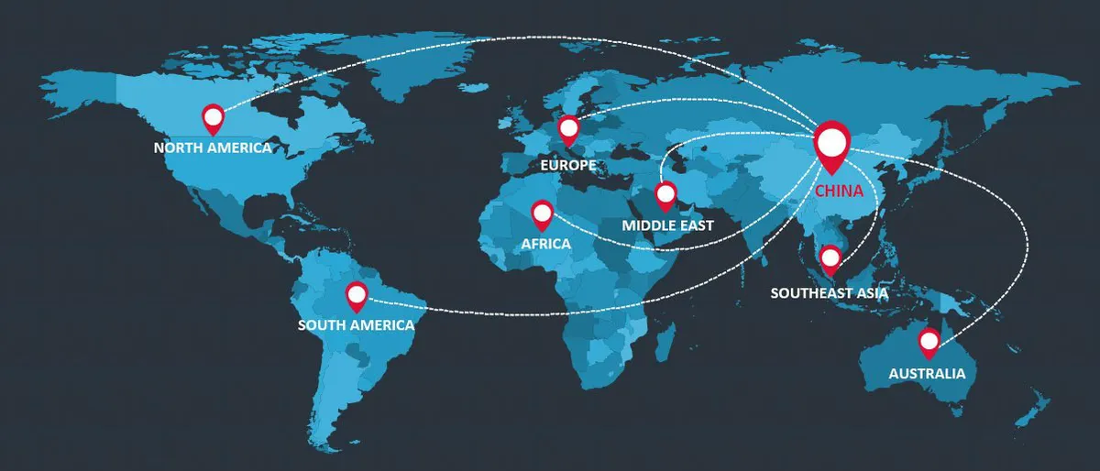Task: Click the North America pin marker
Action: [214, 117]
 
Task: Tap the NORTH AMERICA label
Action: [213, 148]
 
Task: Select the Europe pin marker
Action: [569, 129]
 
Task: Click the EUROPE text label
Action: [568, 166]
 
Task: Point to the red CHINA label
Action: [839, 192]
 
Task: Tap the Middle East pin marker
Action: [665, 194]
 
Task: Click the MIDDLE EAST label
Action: [667, 225]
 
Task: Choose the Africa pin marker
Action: [543, 214]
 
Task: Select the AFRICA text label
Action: [545, 244]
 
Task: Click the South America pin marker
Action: [357, 295]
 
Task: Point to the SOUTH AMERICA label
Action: [356, 325]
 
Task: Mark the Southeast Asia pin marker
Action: [830, 258]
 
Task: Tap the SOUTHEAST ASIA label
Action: [830, 293]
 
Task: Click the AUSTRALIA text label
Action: [927, 374]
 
